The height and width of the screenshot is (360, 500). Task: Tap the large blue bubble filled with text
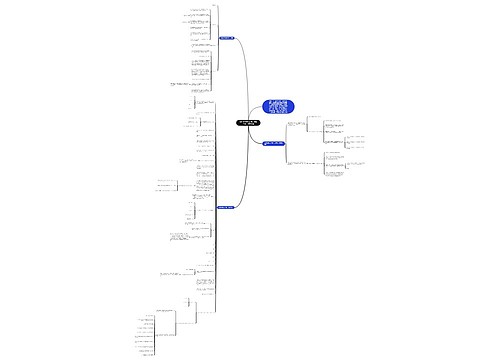279,113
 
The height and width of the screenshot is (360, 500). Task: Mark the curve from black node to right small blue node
258,137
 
